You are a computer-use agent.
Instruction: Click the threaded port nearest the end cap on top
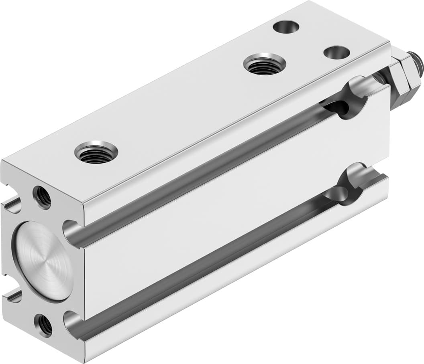(x=96, y=152)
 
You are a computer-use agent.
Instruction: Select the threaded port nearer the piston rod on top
(x=265, y=64)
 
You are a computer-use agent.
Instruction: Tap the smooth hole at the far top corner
(x=286, y=27)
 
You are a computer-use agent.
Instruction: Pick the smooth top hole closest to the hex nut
(x=336, y=53)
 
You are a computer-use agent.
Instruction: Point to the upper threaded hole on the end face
(x=42, y=197)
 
